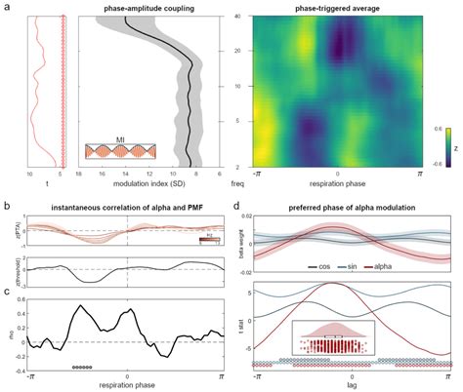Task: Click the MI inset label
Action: (118, 140)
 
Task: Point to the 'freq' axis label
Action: (234, 182)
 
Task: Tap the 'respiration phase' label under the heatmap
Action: (337, 182)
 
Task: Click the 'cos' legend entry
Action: (314, 265)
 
